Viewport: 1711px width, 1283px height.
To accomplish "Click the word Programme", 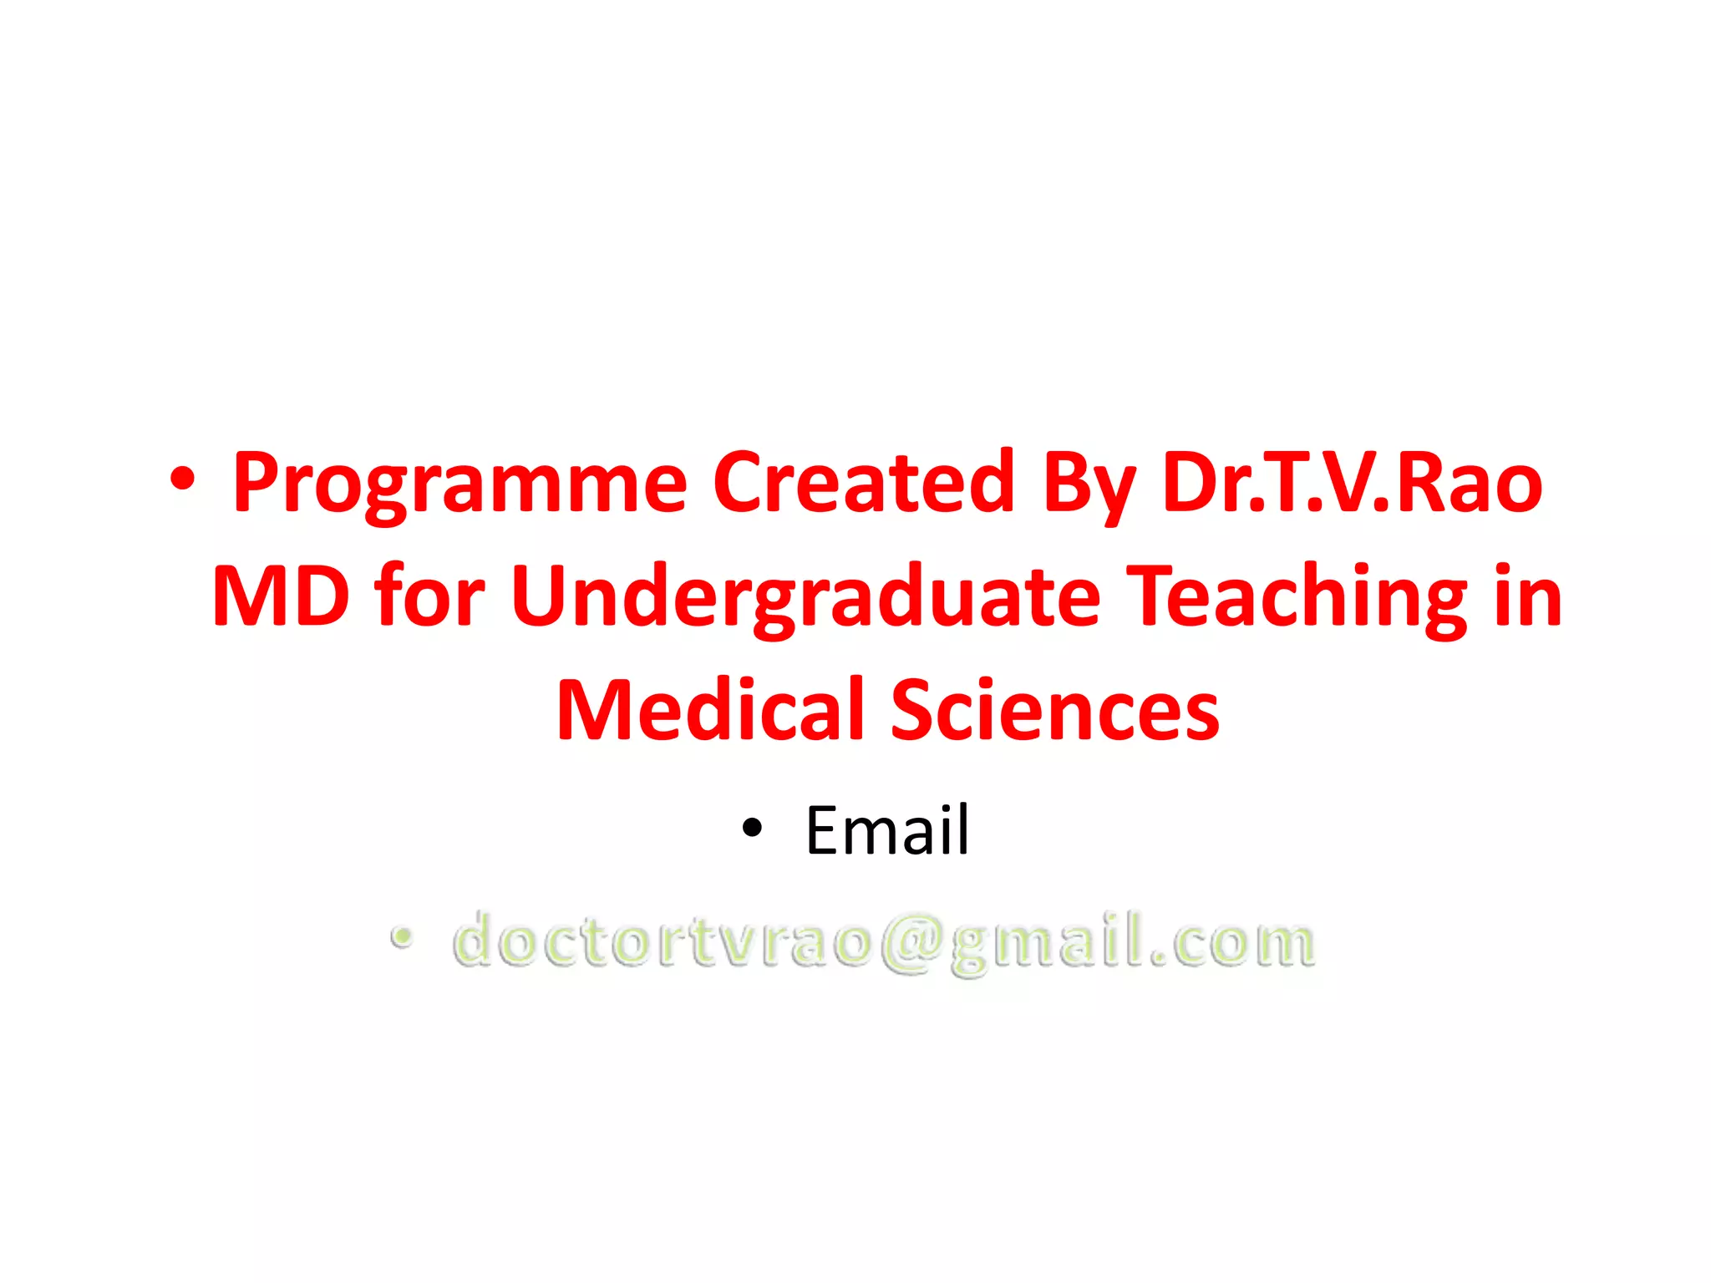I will tap(459, 484).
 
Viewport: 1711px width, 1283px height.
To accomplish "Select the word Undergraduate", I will tap(805, 597).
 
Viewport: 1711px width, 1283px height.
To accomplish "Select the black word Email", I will tap(886, 830).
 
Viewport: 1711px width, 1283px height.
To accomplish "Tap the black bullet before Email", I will tap(752, 828).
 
